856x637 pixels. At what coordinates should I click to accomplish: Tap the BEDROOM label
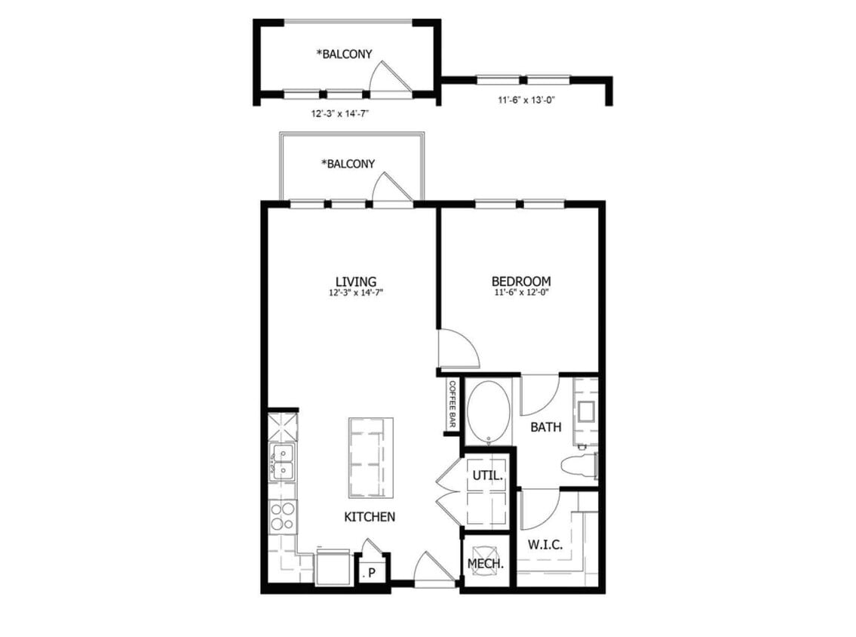520,282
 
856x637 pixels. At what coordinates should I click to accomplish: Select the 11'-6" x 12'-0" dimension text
520,293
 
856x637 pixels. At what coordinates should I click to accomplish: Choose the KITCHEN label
370,517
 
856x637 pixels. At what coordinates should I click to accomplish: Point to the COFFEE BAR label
453,405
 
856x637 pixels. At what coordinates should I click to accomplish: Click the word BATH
545,427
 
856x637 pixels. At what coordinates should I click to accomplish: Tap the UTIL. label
486,476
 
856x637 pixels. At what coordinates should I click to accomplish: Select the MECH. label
486,563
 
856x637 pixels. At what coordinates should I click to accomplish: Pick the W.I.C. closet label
545,544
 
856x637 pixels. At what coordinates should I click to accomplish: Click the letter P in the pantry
371,574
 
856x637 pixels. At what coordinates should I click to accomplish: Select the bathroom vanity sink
585,411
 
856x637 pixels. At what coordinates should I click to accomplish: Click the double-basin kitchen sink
283,461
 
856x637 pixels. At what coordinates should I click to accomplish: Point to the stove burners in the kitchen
283,517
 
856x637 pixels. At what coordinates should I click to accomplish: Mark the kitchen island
371,457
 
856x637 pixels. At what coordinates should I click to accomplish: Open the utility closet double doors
449,491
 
